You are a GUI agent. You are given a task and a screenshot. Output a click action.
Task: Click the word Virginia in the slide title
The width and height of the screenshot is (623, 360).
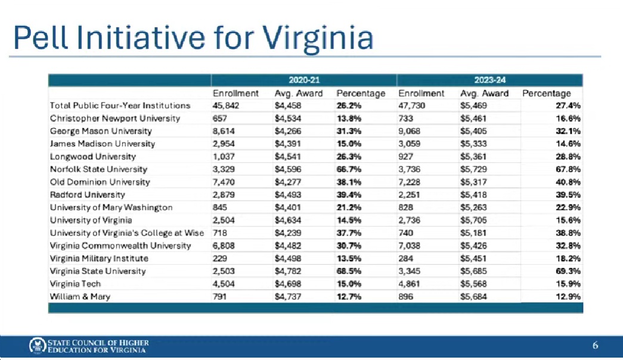(x=319, y=38)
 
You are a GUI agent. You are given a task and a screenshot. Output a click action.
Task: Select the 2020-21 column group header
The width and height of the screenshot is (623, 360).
(x=304, y=80)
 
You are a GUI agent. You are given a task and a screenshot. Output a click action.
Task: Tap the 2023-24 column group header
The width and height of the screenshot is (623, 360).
(x=489, y=80)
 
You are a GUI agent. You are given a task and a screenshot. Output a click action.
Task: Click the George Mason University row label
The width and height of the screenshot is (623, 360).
(x=101, y=131)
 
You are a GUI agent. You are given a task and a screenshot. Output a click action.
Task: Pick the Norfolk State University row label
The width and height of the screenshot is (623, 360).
(x=98, y=169)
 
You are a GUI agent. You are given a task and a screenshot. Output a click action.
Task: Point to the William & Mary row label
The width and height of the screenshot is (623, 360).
(x=80, y=297)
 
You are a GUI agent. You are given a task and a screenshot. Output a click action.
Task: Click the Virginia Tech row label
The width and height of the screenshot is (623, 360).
(x=75, y=284)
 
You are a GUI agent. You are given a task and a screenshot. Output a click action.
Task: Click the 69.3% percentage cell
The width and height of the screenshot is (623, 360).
(x=569, y=271)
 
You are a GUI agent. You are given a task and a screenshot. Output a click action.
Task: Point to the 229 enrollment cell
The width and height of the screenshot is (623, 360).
(x=220, y=259)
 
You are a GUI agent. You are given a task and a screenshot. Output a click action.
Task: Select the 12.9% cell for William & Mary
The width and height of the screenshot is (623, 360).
(x=569, y=297)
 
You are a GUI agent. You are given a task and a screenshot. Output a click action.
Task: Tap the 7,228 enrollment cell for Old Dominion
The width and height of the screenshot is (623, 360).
(x=411, y=182)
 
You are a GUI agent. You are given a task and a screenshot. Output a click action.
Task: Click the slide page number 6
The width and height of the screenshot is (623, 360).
(x=595, y=346)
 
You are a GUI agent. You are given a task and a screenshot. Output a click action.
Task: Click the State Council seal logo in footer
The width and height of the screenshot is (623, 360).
(x=37, y=346)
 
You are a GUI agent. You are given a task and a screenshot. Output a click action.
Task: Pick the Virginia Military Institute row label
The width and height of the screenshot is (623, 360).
(x=99, y=259)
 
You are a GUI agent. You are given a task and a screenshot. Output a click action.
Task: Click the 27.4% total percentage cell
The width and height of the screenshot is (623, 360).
(x=569, y=105)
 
